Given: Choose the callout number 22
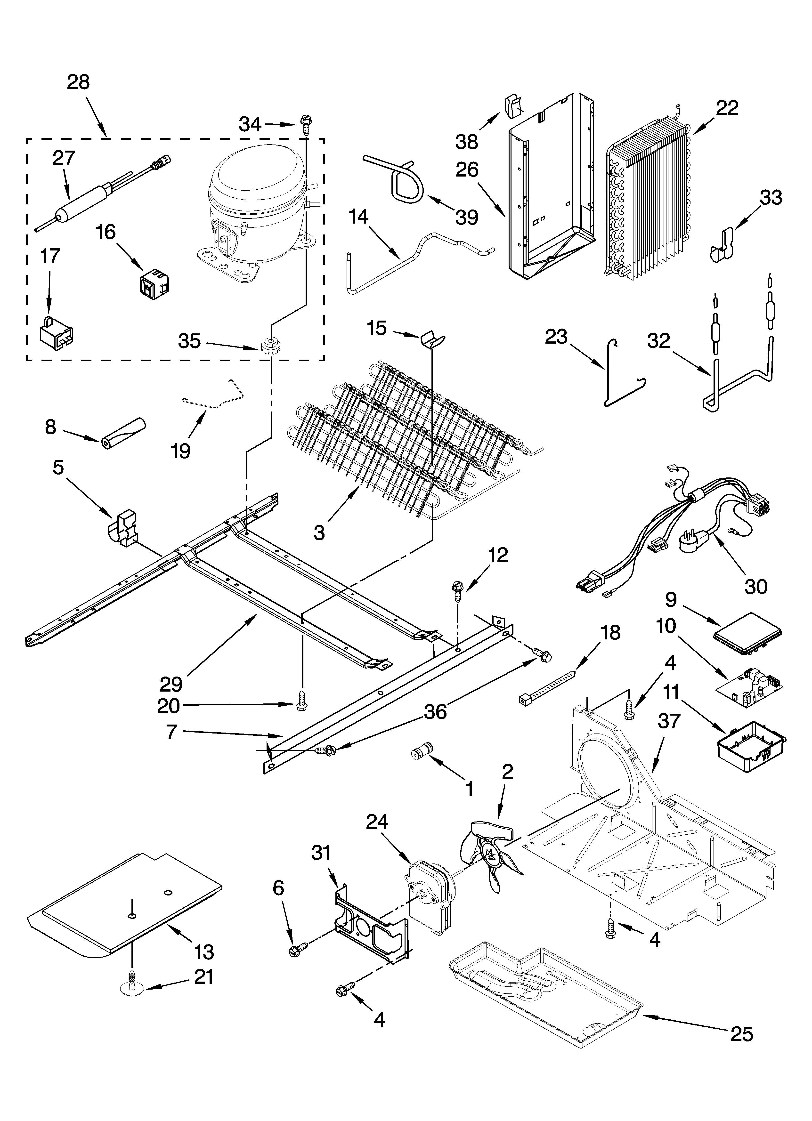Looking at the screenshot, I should click(727, 108).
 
